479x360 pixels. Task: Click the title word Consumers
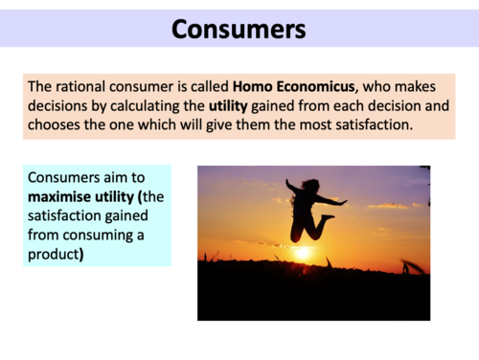coord(239,29)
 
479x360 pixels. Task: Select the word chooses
coord(55,127)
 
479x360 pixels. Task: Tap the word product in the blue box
coord(55,255)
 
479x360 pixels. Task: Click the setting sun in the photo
coord(303,253)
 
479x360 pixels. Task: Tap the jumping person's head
coord(310,185)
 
